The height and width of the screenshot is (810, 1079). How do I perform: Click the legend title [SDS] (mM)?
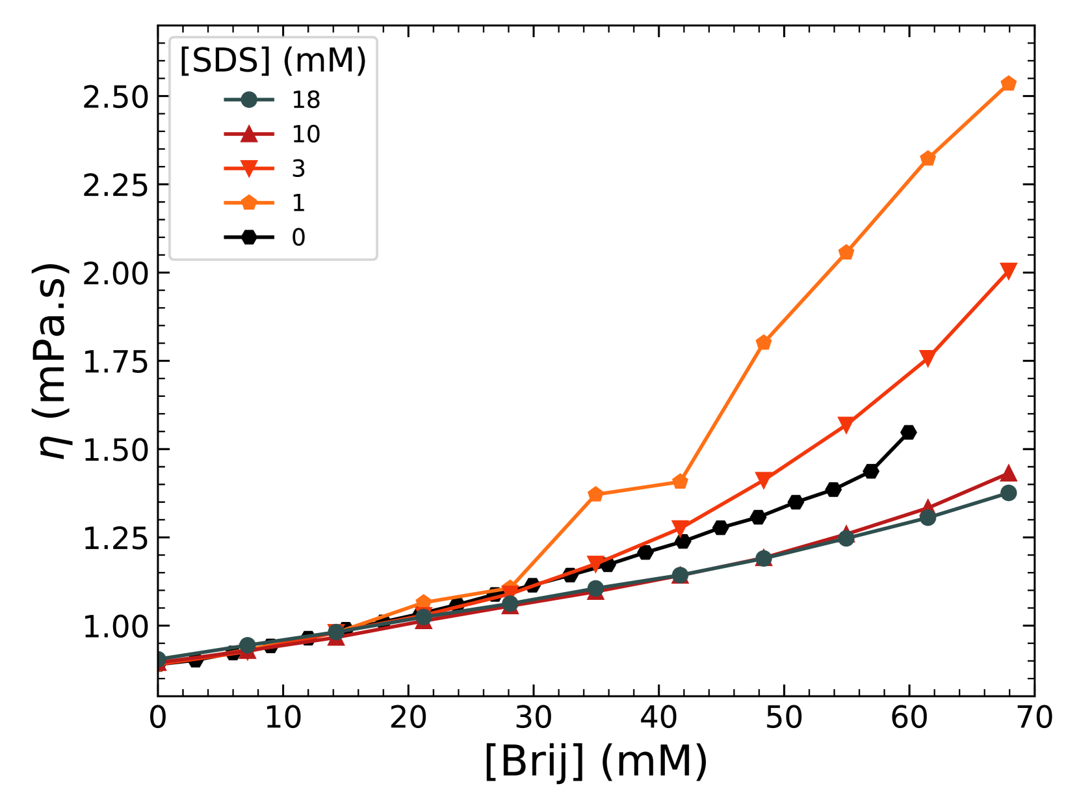coord(273,61)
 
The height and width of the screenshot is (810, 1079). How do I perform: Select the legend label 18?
coord(305,100)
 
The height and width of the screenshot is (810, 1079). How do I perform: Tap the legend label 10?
coord(305,134)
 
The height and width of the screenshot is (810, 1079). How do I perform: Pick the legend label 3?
coord(298,169)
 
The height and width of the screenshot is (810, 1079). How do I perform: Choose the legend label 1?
coord(298,203)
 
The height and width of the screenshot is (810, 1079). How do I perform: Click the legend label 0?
coord(298,237)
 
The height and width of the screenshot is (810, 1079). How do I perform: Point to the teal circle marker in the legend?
coord(249,100)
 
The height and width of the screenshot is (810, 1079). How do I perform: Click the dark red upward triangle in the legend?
coord(249,134)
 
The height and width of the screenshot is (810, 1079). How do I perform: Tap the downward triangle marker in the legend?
coord(249,169)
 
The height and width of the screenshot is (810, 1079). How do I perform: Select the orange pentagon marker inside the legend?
coord(249,203)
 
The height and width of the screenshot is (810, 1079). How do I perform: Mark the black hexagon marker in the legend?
coord(249,237)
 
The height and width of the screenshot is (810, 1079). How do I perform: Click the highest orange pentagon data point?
coord(1008,83)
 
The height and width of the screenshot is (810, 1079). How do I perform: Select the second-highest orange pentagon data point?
coord(928,158)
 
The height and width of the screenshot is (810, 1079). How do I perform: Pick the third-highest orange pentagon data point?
coord(846,252)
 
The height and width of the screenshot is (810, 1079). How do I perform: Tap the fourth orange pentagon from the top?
coord(764,342)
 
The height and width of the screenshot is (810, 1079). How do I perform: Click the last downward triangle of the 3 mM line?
coord(1008,271)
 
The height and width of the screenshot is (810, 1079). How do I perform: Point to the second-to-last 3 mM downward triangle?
coord(928,358)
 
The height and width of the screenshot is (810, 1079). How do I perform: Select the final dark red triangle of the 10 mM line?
coord(1008,473)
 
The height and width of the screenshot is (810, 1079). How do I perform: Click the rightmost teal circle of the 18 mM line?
coord(1008,493)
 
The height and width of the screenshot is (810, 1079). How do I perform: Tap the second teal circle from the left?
coord(248,645)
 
